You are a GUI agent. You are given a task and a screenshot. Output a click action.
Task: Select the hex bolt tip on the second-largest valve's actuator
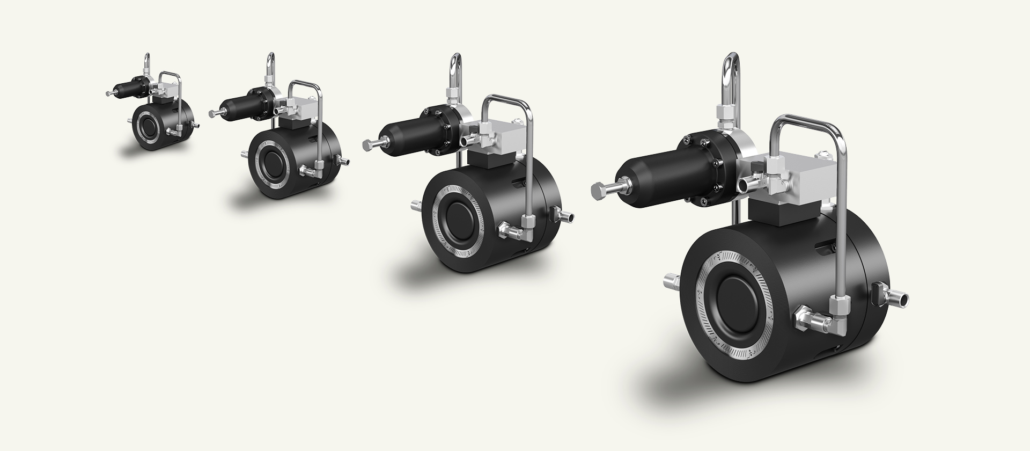click(x=367, y=143)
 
